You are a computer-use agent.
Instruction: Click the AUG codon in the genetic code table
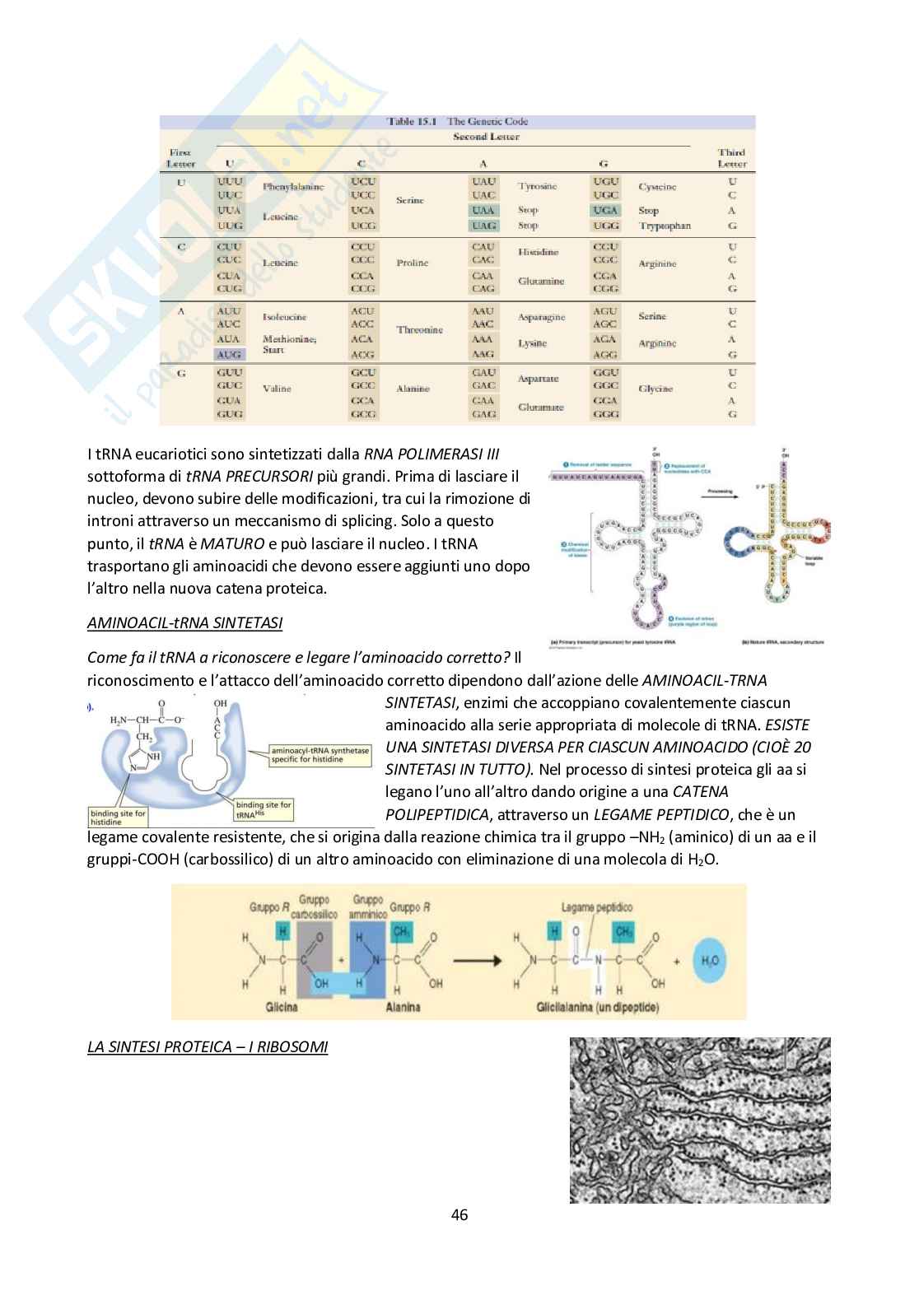tap(229, 355)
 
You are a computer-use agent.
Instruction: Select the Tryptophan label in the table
tap(664, 226)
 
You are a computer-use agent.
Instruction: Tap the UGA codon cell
tap(605, 211)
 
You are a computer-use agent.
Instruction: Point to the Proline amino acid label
tap(412, 263)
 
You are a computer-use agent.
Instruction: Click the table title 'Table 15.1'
tap(412, 122)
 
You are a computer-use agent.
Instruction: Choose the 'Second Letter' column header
tap(486, 137)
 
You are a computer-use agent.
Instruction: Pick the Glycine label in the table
tap(655, 389)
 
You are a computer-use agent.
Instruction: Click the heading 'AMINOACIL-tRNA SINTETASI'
tap(184, 623)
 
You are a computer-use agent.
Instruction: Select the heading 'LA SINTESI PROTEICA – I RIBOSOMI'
tap(208, 1047)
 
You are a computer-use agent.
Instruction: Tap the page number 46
tap(459, 1214)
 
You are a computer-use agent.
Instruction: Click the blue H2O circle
tap(709, 960)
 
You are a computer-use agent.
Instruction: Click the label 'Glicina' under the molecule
tap(281, 1007)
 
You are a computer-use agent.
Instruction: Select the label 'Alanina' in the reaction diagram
tap(403, 1007)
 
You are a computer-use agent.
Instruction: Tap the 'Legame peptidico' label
tap(597, 907)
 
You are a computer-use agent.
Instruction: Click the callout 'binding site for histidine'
tap(118, 818)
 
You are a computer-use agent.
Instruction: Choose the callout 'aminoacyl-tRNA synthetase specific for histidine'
tap(320, 755)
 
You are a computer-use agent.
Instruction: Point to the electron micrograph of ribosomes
tap(700, 1120)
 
